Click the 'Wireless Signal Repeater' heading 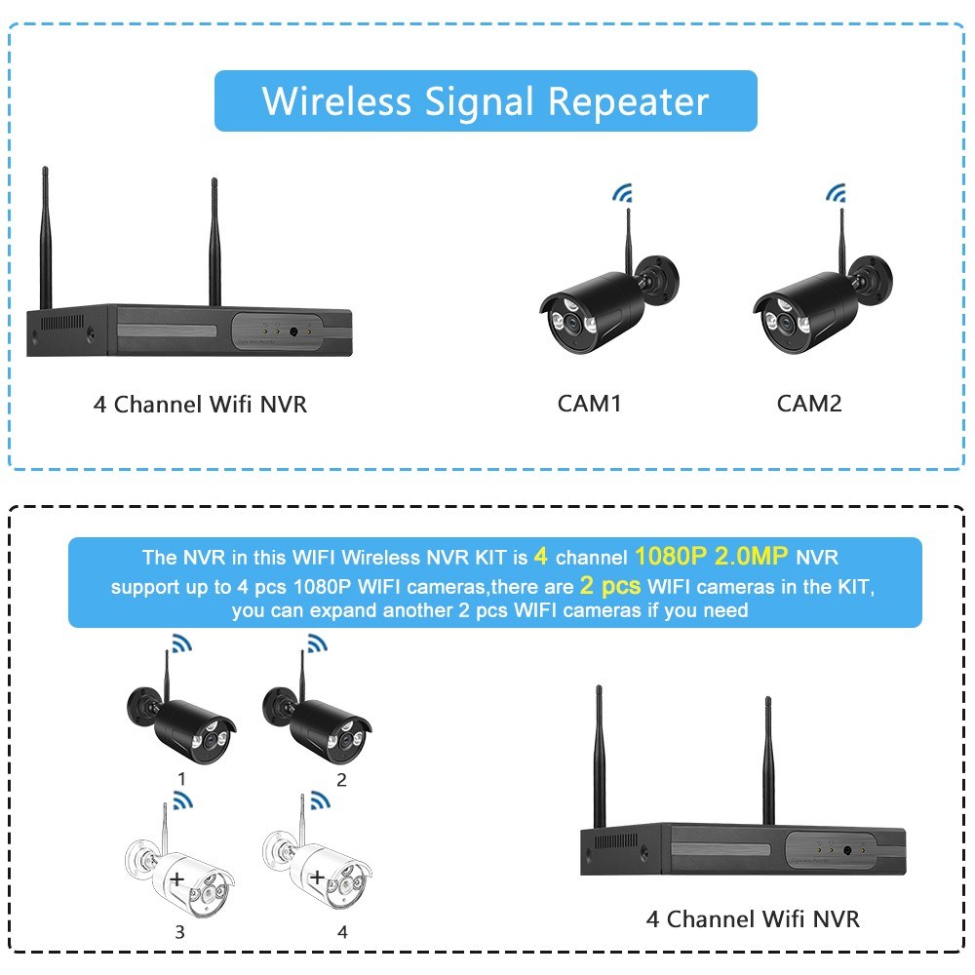(x=486, y=101)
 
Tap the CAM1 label (x=589, y=403)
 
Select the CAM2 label (x=809, y=403)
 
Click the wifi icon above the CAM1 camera (x=622, y=194)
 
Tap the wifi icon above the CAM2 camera (x=837, y=194)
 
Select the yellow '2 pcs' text (x=610, y=586)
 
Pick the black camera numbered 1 (x=185, y=720)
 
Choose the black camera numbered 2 (x=320, y=720)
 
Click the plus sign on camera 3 (x=176, y=878)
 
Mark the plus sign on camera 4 (x=316, y=877)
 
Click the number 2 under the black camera (x=341, y=779)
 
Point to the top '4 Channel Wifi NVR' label (x=200, y=404)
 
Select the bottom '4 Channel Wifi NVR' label (x=753, y=918)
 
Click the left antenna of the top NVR (x=45, y=239)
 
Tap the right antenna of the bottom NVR (x=768, y=760)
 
